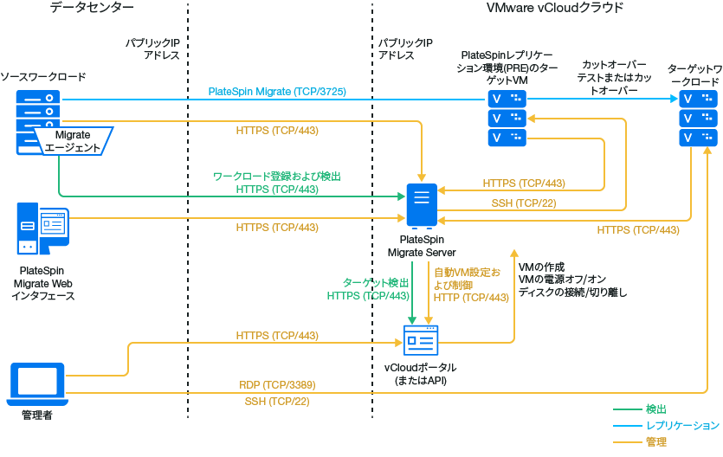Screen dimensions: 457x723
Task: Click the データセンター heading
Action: coord(92,8)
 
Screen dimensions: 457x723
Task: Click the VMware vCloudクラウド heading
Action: coord(554,8)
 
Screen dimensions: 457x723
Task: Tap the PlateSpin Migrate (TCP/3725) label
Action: coord(277,91)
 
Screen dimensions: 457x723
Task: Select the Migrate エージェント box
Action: coord(73,141)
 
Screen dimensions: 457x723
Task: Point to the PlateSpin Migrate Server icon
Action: coord(422,205)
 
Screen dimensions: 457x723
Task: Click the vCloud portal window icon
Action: coord(422,340)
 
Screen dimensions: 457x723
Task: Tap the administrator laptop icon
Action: coord(36,383)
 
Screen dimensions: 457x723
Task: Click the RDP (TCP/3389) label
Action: coord(277,384)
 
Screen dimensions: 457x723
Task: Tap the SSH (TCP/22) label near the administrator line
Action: coord(277,402)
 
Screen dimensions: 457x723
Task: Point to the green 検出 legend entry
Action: coord(656,409)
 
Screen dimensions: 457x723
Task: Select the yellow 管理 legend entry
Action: coord(656,442)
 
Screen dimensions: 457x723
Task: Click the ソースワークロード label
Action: coord(43,77)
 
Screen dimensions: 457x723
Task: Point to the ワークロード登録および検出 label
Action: coord(277,177)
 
